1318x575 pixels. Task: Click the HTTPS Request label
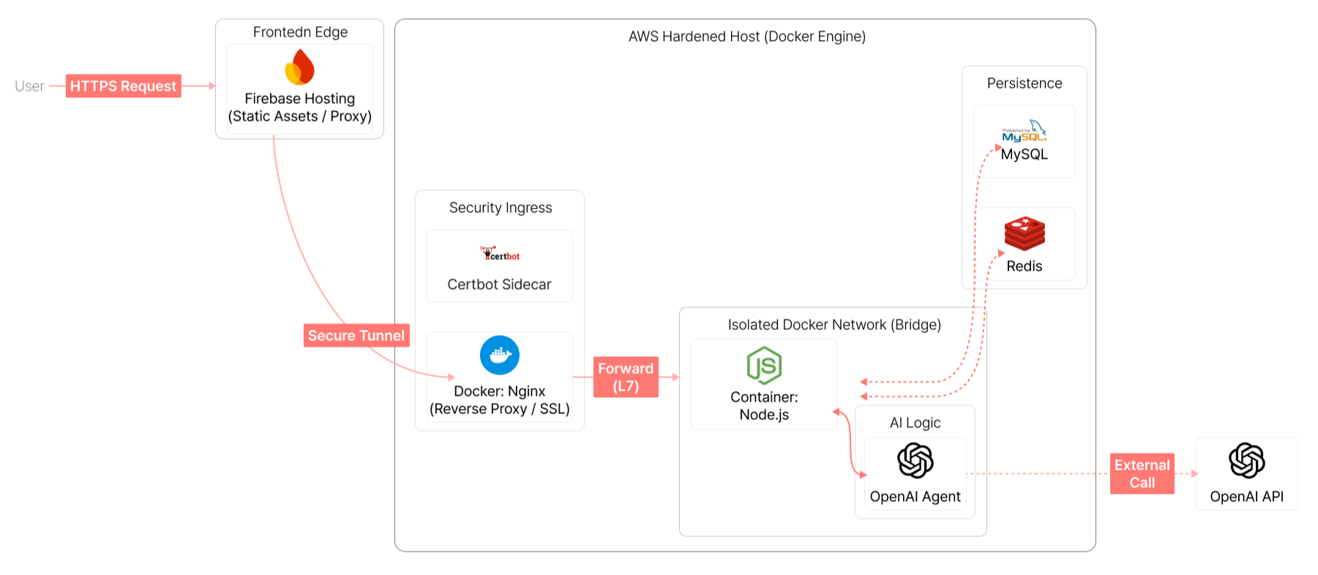[123, 86]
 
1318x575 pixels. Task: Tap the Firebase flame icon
[299, 67]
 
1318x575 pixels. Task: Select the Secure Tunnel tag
[356, 335]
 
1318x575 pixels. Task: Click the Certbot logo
[500, 254]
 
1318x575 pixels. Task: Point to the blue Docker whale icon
[499, 355]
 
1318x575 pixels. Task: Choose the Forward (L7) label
[626, 377]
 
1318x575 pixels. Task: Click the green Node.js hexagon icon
[764, 365]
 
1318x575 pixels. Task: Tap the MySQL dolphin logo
[1024, 131]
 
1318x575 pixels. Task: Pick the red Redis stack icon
[1025, 234]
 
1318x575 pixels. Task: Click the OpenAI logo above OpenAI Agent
[915, 460]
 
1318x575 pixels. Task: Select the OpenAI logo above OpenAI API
[1246, 460]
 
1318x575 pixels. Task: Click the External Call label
[1142, 473]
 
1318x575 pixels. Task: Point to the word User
[29, 86]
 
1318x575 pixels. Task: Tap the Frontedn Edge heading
[300, 32]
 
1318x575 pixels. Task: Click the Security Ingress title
[501, 208]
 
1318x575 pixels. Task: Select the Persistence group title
[1024, 83]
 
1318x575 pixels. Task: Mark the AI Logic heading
[915, 423]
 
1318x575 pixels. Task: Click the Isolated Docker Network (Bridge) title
[834, 325]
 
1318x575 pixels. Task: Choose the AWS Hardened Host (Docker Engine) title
[746, 37]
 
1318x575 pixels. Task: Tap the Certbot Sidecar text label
[499, 285]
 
